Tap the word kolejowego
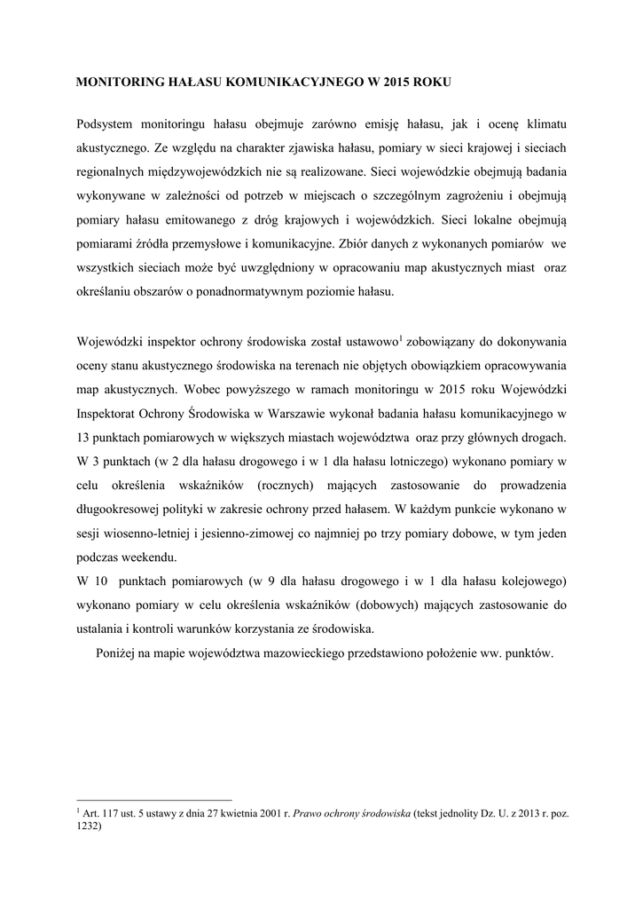[x=522, y=581]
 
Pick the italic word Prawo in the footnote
[x=314, y=813]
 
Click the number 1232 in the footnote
[x=90, y=826]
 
